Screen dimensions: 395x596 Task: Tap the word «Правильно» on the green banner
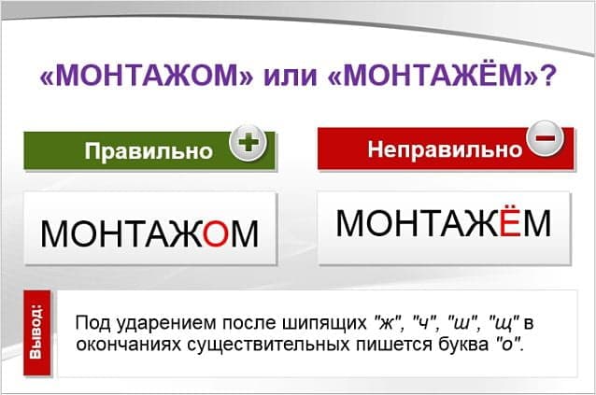tap(153, 151)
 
